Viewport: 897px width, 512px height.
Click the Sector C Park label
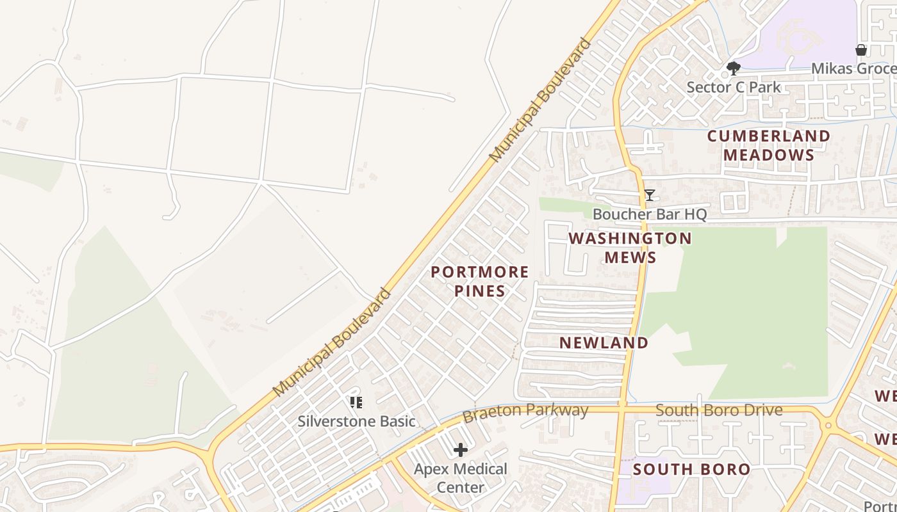tap(734, 87)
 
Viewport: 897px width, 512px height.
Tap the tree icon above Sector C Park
tap(734, 68)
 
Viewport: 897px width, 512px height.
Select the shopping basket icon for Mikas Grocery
tap(861, 50)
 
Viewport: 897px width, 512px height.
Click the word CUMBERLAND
tap(768, 136)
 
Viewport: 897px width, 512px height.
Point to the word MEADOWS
tap(768, 155)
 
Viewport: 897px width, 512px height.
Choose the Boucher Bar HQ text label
tap(649, 214)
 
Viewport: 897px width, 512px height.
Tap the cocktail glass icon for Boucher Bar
tap(649, 195)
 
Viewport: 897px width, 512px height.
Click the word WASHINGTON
tap(630, 238)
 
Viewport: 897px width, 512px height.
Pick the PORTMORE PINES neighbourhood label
tap(479, 281)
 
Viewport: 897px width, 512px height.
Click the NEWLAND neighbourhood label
tap(604, 342)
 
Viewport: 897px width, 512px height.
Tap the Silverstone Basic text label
tap(356, 421)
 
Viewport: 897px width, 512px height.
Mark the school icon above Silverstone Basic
tap(356, 403)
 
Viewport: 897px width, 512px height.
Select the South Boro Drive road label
tap(719, 410)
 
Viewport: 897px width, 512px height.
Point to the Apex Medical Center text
tap(460, 477)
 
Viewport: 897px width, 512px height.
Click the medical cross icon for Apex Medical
tap(460, 451)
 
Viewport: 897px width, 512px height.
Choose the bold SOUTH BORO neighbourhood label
tap(691, 469)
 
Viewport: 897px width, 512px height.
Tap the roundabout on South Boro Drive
tap(828, 425)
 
